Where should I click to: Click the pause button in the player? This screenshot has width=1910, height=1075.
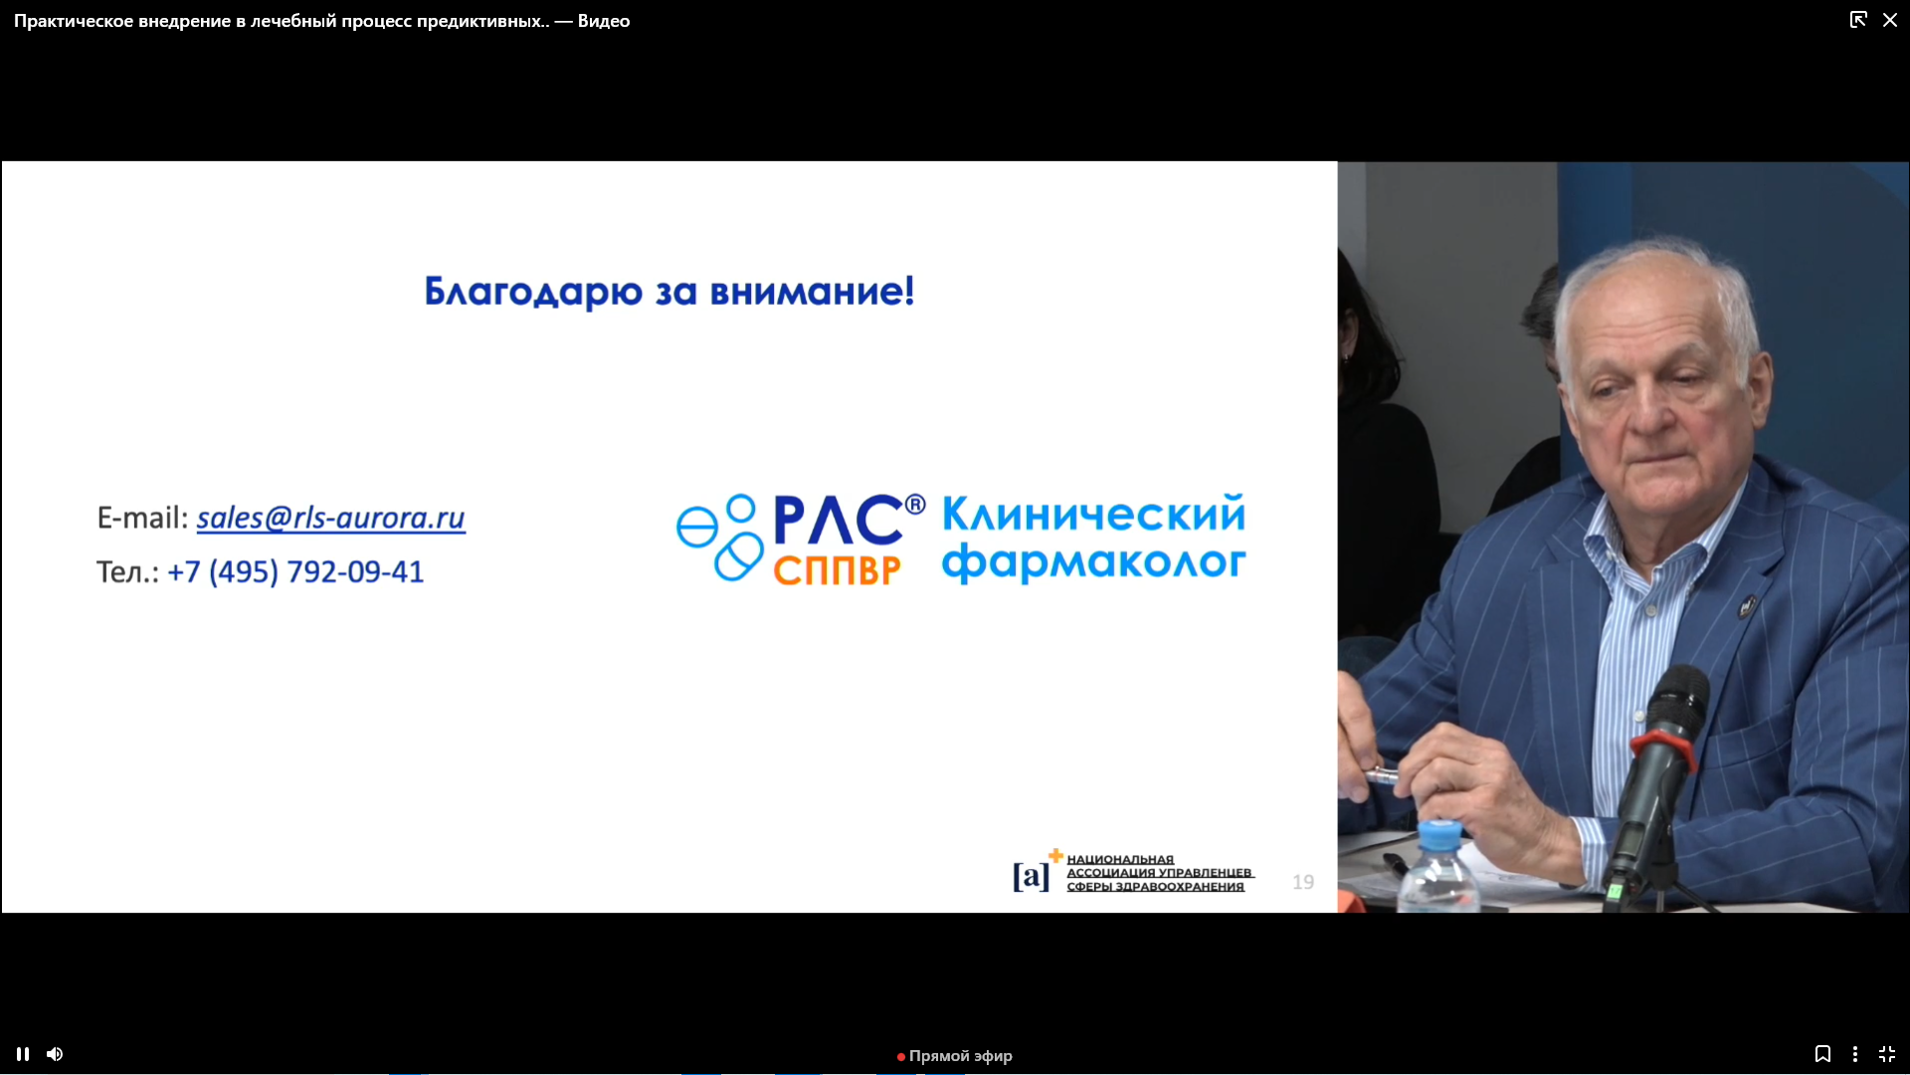pyautogui.click(x=23, y=1054)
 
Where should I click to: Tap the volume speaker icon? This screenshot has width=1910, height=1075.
pyautogui.click(x=55, y=1054)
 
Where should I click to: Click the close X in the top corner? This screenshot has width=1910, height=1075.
pyautogui.click(x=1890, y=20)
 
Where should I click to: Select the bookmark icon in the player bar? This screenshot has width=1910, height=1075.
pyautogui.click(x=1822, y=1054)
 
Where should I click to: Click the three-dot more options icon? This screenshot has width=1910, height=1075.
pyautogui.click(x=1855, y=1054)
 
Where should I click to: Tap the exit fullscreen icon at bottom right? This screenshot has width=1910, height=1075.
pyautogui.click(x=1887, y=1054)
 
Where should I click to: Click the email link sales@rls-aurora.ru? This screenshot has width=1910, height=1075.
pyautogui.click(x=330, y=518)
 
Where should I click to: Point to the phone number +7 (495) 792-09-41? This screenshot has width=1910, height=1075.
pyautogui.click(x=295, y=572)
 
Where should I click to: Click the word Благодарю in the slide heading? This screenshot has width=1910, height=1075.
pyautogui.click(x=533, y=292)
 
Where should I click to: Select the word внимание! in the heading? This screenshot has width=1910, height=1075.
pyautogui.click(x=812, y=292)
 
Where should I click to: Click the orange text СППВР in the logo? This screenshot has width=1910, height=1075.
pyautogui.click(x=837, y=570)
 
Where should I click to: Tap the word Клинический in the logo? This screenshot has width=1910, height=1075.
pyautogui.click(x=1093, y=514)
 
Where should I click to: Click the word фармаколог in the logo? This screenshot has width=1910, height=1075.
pyautogui.click(x=1093, y=563)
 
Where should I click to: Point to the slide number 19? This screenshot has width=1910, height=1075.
pyautogui.click(x=1303, y=882)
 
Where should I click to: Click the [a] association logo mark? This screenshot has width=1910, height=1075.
pyautogui.click(x=1032, y=876)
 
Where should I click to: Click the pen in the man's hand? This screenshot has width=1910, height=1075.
pyautogui.click(x=1382, y=773)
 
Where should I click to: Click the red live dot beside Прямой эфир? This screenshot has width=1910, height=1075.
pyautogui.click(x=901, y=1057)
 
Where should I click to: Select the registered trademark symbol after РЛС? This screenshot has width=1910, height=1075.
pyautogui.click(x=915, y=505)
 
